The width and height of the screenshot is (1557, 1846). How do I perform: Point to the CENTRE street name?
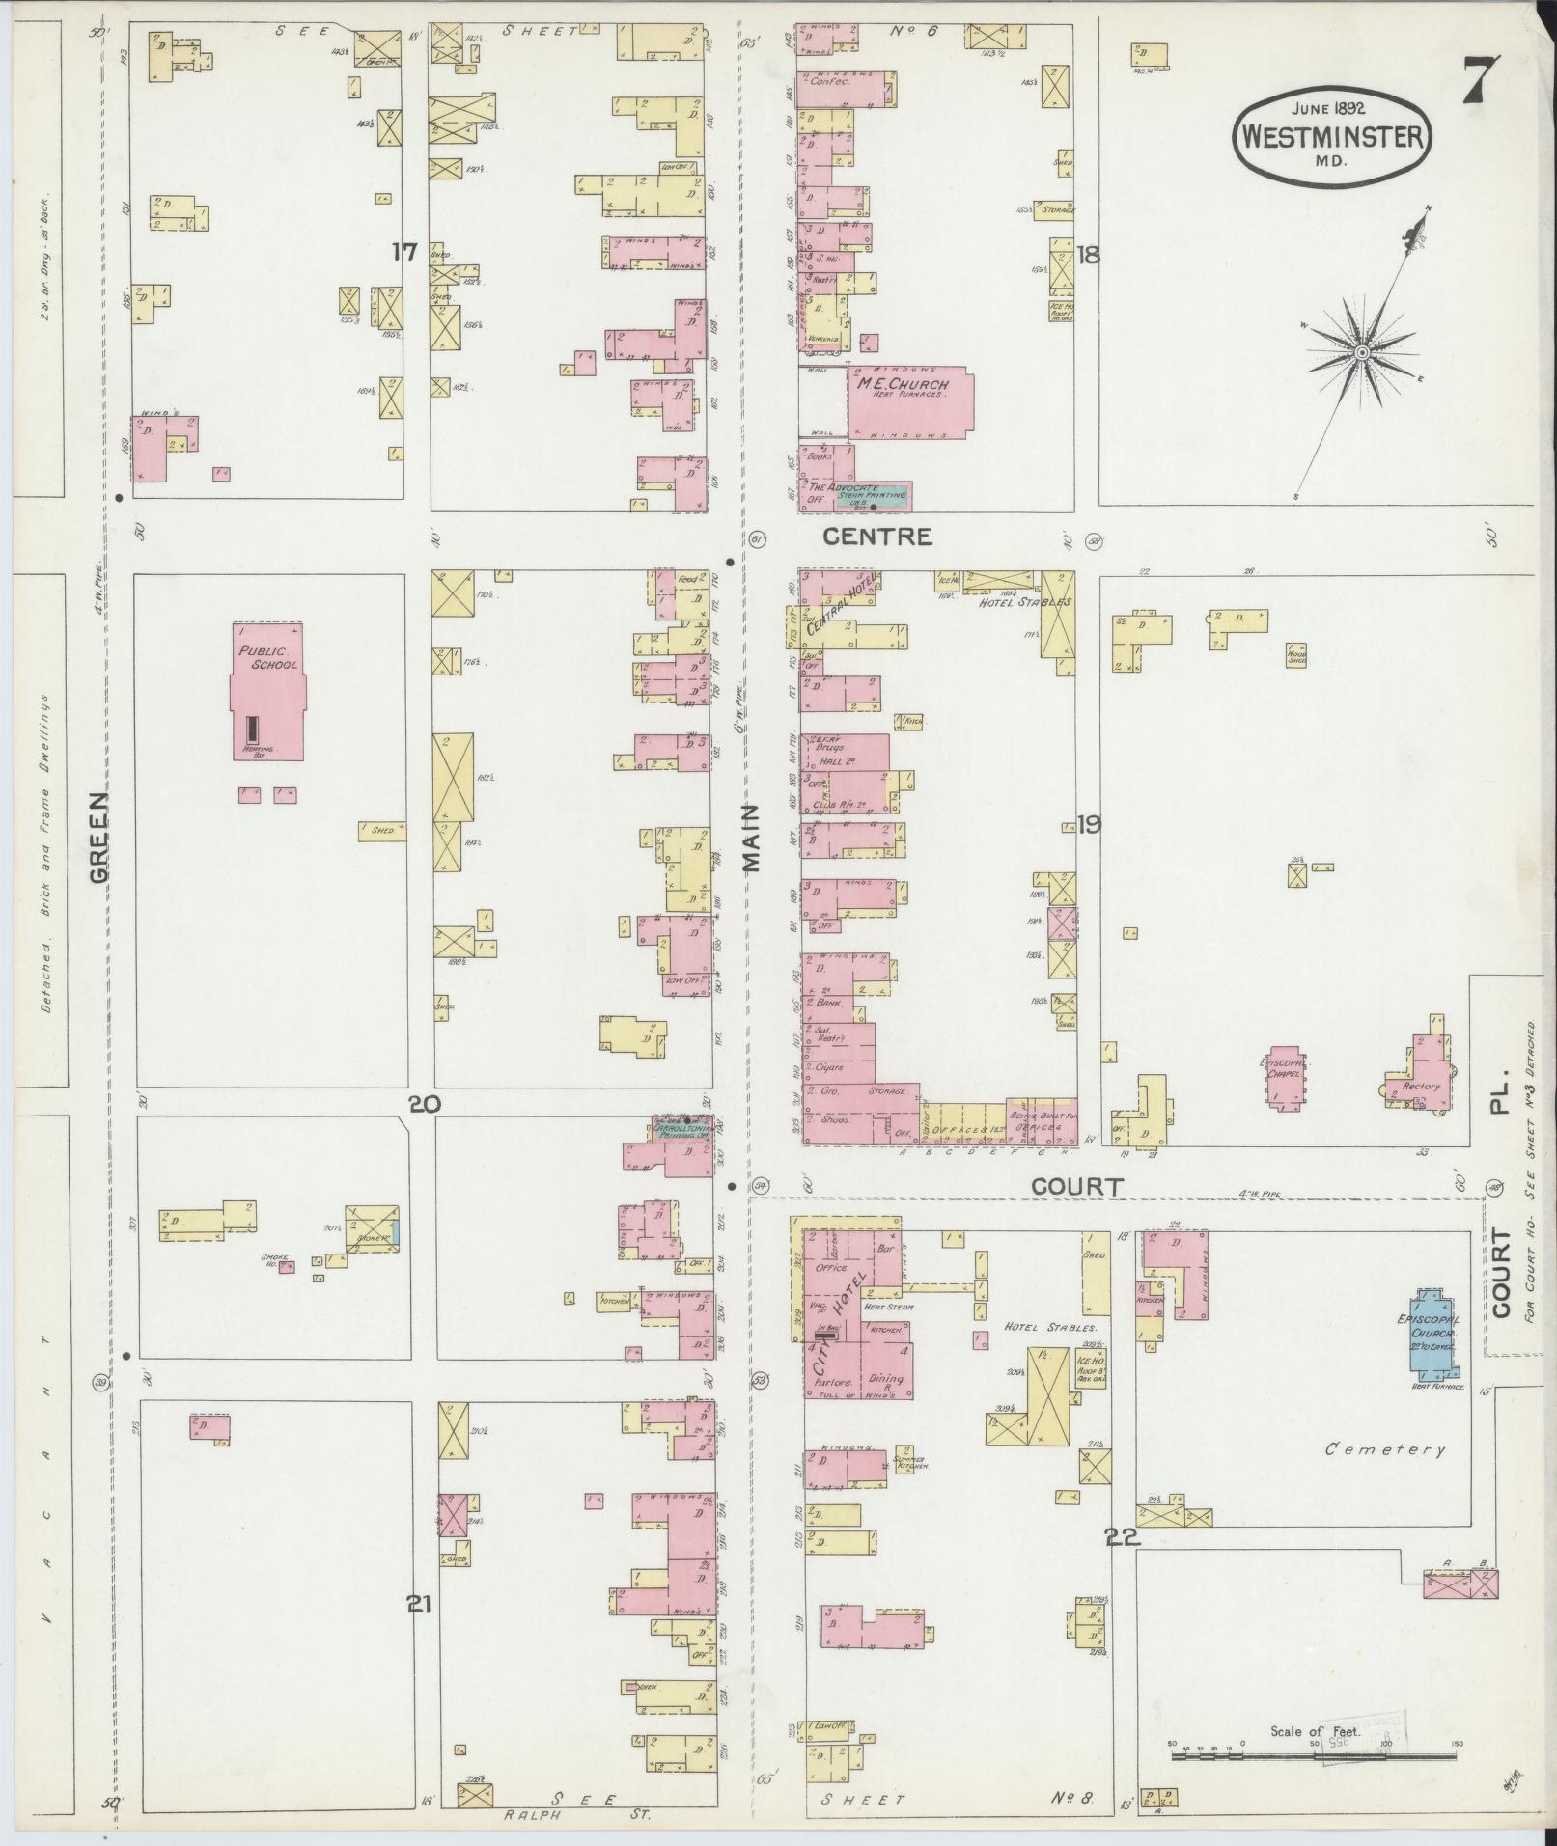pyautogui.click(x=877, y=537)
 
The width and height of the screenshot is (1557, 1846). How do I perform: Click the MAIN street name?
pyautogui.click(x=752, y=838)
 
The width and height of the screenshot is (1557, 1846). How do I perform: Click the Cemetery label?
pyautogui.click(x=1385, y=1448)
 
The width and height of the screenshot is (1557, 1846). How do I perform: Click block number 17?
pyautogui.click(x=403, y=253)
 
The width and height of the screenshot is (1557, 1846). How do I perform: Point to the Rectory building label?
pyautogui.click(x=1421, y=1086)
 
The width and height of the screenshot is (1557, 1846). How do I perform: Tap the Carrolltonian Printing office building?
pyautogui.click(x=682, y=1130)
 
